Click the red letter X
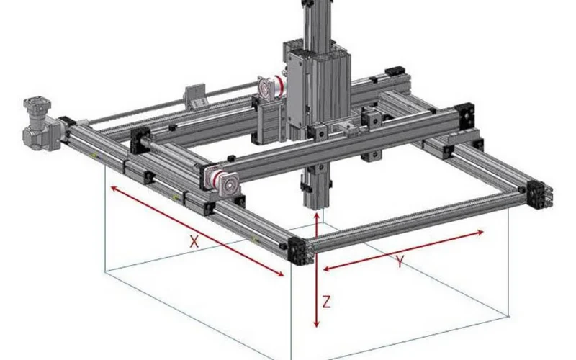(194, 241)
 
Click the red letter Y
(400, 261)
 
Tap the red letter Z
(326, 302)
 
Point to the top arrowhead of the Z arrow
(317, 215)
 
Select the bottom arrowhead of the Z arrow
(317, 323)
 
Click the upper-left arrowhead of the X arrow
(114, 189)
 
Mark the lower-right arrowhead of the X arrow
(280, 274)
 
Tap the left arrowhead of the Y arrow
(326, 269)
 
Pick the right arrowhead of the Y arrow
(480, 232)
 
